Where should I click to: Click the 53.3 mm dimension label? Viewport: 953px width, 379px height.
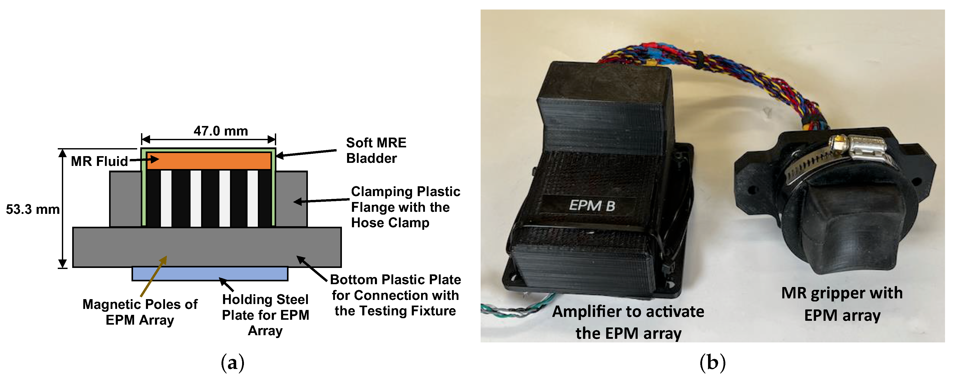pyautogui.click(x=32, y=209)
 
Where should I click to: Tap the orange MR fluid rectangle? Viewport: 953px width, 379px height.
pyautogui.click(x=209, y=161)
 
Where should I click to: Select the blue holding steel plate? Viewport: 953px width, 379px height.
pyautogui.click(x=210, y=274)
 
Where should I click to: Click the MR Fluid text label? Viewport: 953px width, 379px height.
pyautogui.click(x=99, y=161)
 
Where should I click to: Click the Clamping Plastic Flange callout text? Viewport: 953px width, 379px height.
pyautogui.click(x=405, y=207)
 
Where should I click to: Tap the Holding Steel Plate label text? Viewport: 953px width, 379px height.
pyautogui.click(x=265, y=315)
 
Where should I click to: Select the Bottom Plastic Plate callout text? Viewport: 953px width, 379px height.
pyautogui.click(x=395, y=295)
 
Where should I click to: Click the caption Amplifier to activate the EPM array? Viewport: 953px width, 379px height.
pyautogui.click(x=628, y=322)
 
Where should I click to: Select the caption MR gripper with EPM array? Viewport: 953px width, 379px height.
pyautogui.click(x=842, y=304)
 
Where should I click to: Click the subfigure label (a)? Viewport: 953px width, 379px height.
pyautogui.click(x=232, y=363)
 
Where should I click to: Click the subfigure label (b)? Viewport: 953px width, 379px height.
pyautogui.click(x=712, y=363)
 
